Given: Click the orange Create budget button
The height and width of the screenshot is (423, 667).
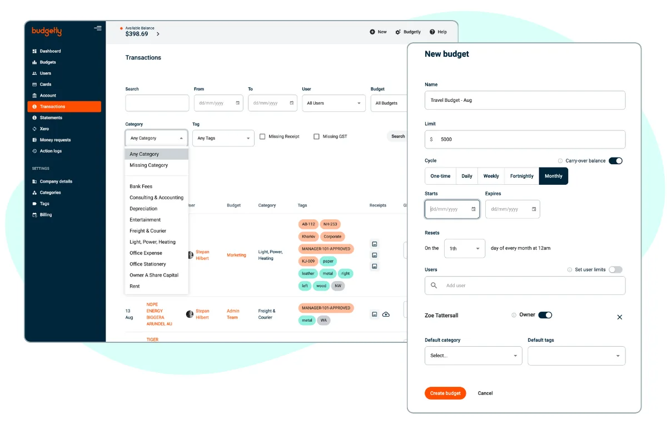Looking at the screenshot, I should click(x=445, y=393).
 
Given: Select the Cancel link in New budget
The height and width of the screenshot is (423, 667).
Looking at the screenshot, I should click(x=485, y=393).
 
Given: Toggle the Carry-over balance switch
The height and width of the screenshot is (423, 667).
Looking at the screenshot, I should click(x=615, y=161).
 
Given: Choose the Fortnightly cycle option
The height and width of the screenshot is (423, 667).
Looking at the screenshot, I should click(x=522, y=176).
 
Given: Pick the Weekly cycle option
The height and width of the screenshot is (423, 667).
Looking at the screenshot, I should click(x=491, y=176).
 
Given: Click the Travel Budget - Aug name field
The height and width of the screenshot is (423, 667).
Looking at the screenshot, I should click(x=525, y=100).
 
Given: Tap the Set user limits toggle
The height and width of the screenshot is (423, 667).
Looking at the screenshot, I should click(x=615, y=269).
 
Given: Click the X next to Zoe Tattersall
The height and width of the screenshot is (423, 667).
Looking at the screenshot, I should click(x=620, y=317).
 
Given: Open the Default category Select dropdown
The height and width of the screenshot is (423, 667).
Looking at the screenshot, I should click(x=473, y=356).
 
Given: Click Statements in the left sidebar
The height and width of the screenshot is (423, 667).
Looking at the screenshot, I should click(x=51, y=117).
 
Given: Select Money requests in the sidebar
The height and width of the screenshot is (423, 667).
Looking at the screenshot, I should click(x=55, y=140).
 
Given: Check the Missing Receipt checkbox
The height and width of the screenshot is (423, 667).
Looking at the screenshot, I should click(x=262, y=136).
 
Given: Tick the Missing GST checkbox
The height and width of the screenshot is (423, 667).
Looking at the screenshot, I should click(x=316, y=136).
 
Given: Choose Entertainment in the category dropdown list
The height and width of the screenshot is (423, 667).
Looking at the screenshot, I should click(x=145, y=220).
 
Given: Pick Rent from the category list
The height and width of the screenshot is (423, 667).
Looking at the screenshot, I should click(x=135, y=286).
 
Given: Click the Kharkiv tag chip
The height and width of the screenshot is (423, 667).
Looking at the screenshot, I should click(x=308, y=237).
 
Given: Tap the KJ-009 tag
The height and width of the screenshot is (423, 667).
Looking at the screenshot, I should click(x=308, y=261).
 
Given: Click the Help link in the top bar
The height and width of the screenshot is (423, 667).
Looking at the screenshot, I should click(x=439, y=32).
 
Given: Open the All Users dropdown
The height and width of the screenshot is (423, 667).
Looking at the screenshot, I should click(x=333, y=103).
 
